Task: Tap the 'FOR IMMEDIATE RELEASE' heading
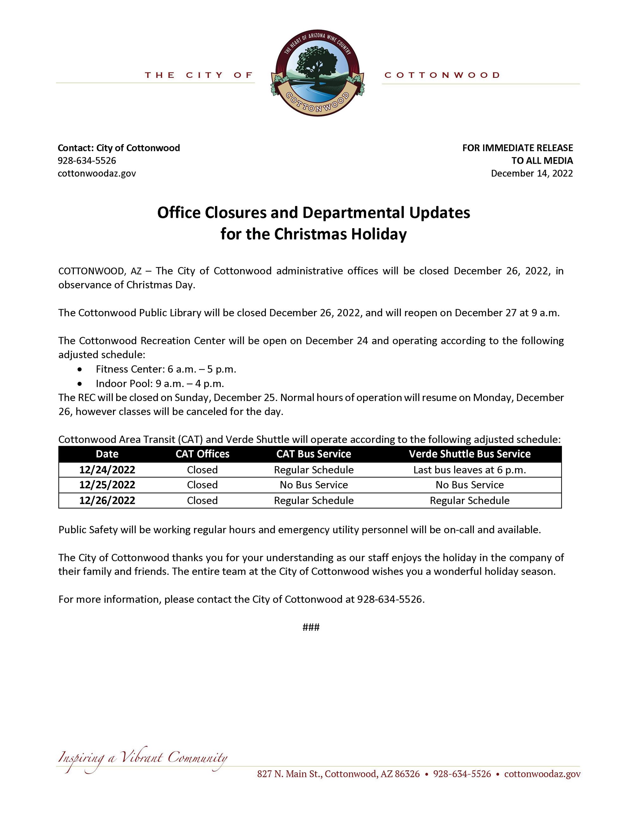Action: [517, 148]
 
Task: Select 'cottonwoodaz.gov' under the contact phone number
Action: [97, 173]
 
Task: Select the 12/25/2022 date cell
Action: [107, 485]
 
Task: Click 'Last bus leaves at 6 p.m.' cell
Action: [469, 470]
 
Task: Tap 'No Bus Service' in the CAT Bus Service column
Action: [313, 485]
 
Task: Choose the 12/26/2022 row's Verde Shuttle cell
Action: [469, 500]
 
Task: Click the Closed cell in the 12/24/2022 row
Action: [202, 470]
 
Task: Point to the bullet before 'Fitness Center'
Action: [79, 370]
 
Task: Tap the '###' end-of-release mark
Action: [311, 627]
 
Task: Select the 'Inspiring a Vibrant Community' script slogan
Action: [142, 758]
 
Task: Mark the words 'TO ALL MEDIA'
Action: [542, 160]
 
